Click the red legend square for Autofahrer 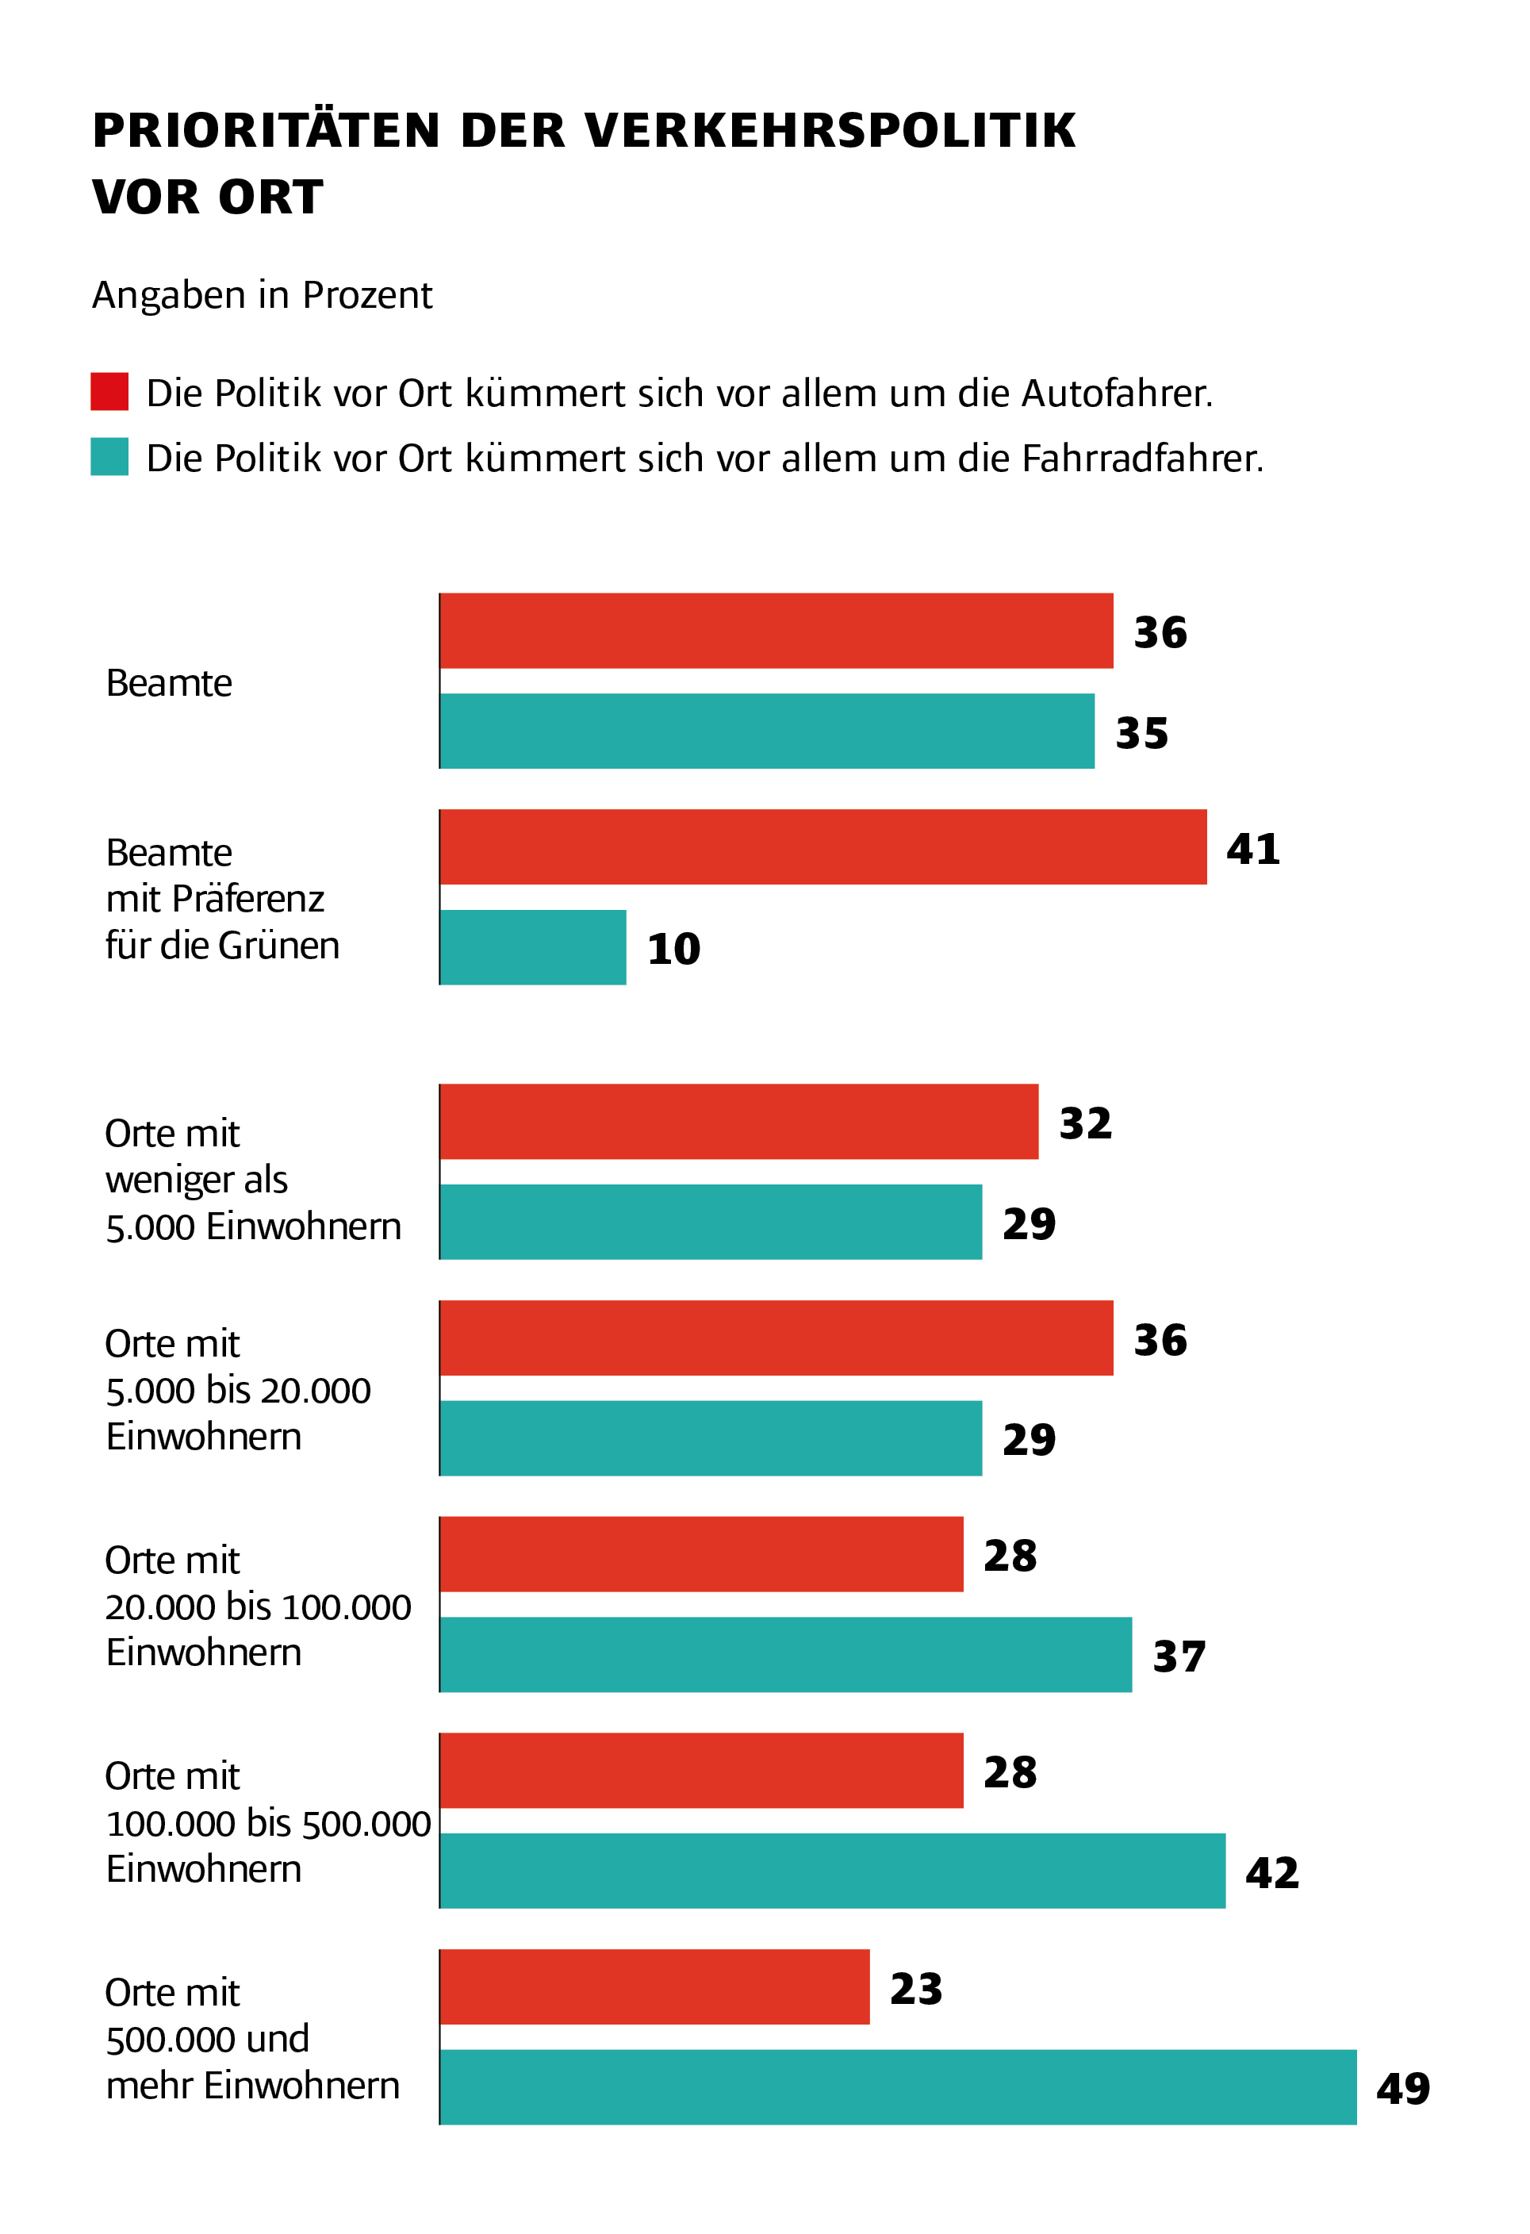109,391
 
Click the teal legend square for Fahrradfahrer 109,457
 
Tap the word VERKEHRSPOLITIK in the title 830,131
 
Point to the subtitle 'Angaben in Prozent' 262,295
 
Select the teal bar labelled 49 898,2087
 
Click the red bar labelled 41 823,847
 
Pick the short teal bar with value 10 533,947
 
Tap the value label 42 1271,1871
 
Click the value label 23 916,1988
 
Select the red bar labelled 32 739,1122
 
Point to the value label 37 1179,1656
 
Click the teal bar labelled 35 767,731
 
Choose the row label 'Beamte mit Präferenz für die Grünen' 222,899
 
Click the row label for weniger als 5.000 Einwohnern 251,1180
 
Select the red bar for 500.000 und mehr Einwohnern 654,1987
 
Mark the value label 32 1085,1123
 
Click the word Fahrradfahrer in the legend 1141,459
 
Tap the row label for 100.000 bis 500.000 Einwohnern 267,1822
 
